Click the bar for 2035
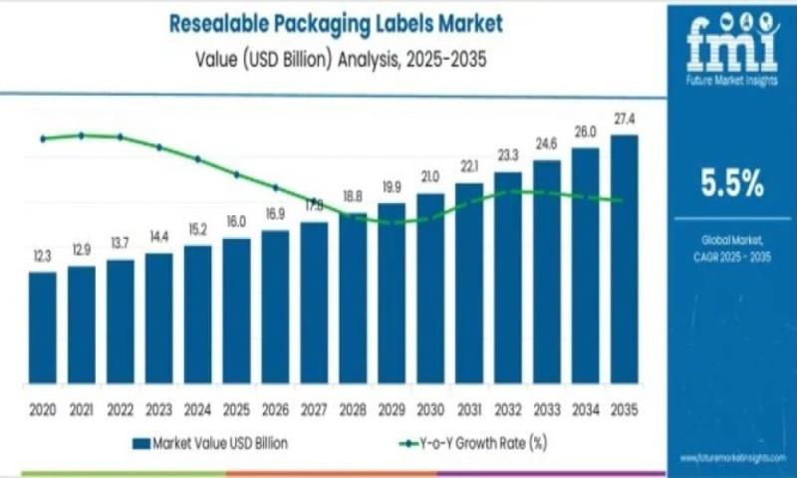tap(624, 259)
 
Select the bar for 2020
tap(43, 328)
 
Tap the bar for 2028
tap(353, 299)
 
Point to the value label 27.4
tap(625, 119)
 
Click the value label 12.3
tap(42, 257)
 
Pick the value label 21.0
tap(430, 177)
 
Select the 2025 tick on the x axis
tap(236, 409)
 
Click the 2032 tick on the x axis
tap(508, 409)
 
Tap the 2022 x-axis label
tap(120, 409)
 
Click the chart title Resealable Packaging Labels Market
tap(338, 22)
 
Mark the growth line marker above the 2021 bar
tap(82, 135)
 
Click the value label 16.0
tap(236, 222)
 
